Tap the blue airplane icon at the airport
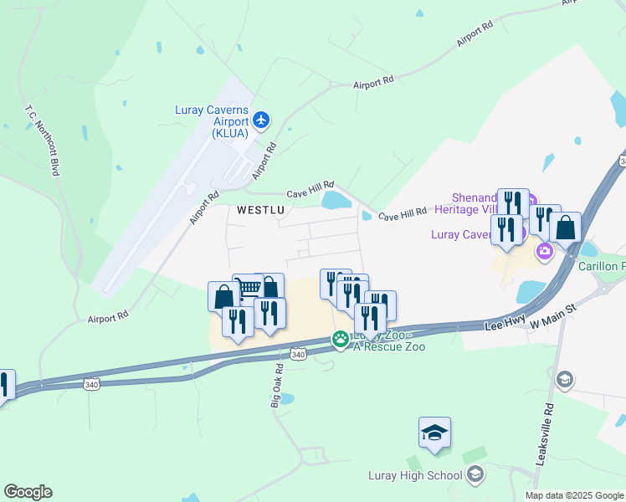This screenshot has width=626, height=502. point(261,120)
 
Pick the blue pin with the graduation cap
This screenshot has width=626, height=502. point(435,433)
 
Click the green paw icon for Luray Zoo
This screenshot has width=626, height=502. point(341,340)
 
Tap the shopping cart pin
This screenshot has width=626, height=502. point(248,289)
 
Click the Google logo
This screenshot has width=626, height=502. point(28,492)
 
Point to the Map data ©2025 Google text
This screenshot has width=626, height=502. point(575,495)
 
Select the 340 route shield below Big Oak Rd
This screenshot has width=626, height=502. point(299,355)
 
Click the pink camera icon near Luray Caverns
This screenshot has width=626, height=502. point(546,251)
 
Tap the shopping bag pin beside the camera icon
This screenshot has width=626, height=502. point(565,227)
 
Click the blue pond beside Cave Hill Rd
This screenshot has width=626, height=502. point(336,200)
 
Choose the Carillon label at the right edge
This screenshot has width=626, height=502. point(602,266)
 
